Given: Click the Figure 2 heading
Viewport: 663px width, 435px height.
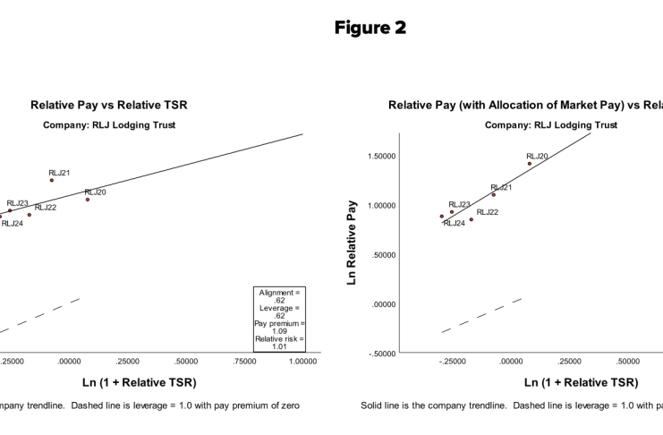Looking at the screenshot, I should [x=370, y=28].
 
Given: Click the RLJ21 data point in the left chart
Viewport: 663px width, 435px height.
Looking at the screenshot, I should [x=52, y=180].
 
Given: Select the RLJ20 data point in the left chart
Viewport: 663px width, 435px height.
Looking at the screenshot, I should [x=88, y=200].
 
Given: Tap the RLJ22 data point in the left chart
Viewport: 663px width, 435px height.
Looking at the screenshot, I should [x=30, y=215].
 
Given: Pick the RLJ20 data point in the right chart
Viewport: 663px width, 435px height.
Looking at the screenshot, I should [x=530, y=164].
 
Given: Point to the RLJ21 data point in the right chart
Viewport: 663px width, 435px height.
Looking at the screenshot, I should [x=493, y=194].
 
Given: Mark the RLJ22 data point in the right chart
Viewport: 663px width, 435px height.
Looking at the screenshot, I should [x=472, y=219].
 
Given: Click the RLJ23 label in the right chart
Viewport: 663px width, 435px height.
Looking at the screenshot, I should [x=459, y=204].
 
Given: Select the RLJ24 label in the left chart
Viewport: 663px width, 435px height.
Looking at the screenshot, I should [x=13, y=224].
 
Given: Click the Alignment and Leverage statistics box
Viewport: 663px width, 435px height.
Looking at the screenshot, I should [x=281, y=319].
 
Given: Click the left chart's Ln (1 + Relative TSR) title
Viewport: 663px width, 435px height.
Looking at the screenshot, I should [x=138, y=382].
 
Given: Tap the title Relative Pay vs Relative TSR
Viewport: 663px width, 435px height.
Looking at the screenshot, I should [x=109, y=106].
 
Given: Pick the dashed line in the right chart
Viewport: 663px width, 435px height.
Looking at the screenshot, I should [x=483, y=314].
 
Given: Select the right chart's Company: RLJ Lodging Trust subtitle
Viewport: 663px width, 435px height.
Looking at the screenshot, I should [x=551, y=125].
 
